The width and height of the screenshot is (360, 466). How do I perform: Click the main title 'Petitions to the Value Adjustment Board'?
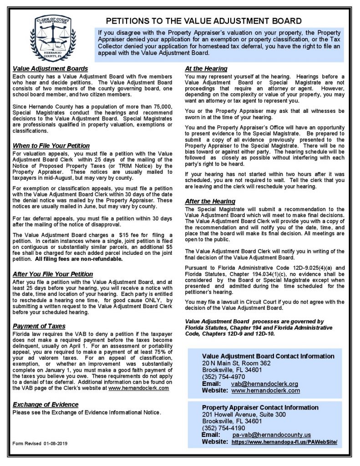[x=203, y=20]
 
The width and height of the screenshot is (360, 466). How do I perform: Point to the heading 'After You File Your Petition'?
[x=53, y=274]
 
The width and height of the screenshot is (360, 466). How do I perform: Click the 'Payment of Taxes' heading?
[x=39, y=326]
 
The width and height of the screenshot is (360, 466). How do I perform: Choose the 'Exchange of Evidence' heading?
[x=46, y=405]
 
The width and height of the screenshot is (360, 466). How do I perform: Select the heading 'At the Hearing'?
[x=206, y=69]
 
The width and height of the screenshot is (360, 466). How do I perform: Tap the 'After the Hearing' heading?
[x=210, y=201]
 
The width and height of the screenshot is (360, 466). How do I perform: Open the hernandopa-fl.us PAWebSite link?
[x=284, y=442]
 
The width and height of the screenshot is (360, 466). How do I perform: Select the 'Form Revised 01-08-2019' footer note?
[x=40, y=443]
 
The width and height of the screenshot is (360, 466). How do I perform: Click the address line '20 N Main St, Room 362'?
[x=236, y=363]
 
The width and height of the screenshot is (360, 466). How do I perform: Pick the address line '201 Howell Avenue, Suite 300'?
[x=243, y=415]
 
